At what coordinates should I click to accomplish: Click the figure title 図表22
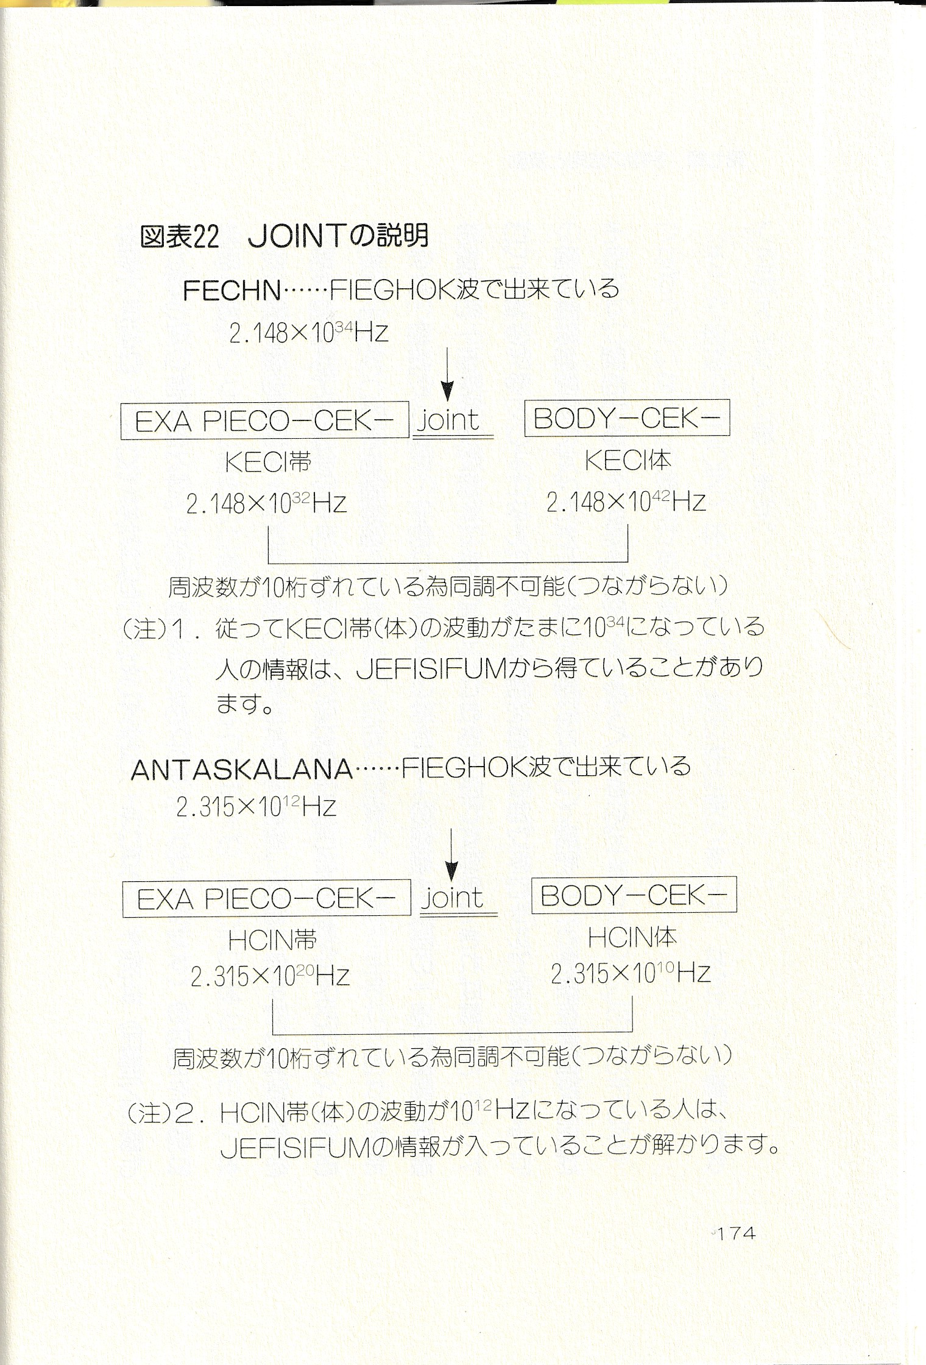(179, 237)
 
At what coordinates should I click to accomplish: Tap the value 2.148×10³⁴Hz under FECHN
(309, 333)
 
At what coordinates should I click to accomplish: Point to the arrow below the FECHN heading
(448, 372)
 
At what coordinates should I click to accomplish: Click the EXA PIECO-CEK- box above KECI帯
(265, 420)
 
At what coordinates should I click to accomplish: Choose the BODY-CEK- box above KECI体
(627, 418)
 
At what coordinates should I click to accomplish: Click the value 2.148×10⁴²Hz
(626, 502)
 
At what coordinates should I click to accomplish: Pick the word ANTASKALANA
(242, 770)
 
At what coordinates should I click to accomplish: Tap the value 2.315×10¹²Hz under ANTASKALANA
(256, 807)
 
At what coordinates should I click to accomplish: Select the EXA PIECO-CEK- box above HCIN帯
(267, 899)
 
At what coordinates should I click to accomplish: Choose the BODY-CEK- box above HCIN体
(634, 895)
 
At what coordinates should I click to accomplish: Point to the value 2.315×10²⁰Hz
(270, 977)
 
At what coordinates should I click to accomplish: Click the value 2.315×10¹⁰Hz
(631, 973)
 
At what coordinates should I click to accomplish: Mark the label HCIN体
(632, 937)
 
